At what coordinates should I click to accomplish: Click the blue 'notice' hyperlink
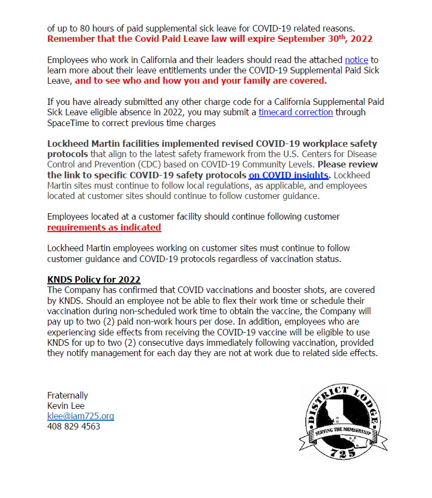(x=356, y=60)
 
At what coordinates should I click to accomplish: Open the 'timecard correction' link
(x=296, y=112)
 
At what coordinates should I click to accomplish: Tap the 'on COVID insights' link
(x=289, y=175)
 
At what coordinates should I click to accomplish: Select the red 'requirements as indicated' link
(x=104, y=227)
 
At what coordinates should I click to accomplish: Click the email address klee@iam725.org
(x=80, y=416)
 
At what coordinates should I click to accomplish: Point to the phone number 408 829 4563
(x=74, y=426)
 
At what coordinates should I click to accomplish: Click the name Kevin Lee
(x=66, y=406)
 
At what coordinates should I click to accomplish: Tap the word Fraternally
(x=67, y=395)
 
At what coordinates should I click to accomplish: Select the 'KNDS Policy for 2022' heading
(x=94, y=279)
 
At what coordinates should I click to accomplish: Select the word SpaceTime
(x=70, y=123)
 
